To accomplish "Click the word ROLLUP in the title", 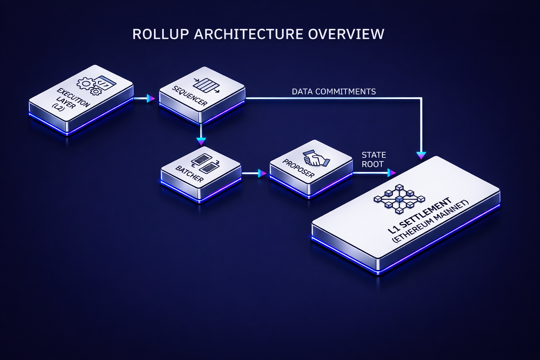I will coord(161,34).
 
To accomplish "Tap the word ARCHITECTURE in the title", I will coord(248,34).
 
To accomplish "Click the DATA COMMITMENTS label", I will coord(334,92).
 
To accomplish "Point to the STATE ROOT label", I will coord(373,160).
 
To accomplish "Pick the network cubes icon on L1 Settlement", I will coord(399,199).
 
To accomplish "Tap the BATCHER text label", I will coord(189,174).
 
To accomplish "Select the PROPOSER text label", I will coord(298,168).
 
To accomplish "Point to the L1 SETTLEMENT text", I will coord(419,216).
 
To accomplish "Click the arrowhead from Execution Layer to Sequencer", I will coord(150,98).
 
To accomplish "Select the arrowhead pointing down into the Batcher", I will coord(201,141).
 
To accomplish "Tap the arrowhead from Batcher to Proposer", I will coord(262,173).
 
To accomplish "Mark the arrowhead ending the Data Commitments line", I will coord(421,155).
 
